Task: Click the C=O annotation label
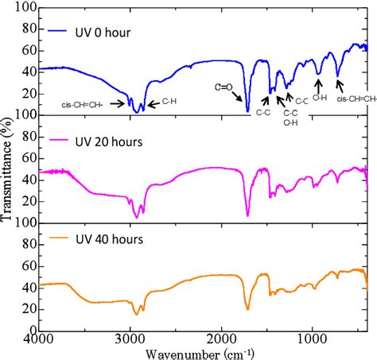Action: click(224, 86)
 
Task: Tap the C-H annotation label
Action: click(169, 102)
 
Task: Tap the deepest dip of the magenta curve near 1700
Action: click(247, 215)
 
